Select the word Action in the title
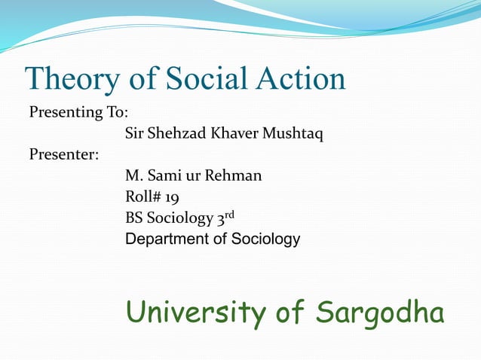301,78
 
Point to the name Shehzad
176,134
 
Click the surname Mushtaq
292,135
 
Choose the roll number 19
171,197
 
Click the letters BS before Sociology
134,218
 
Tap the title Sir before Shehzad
133,134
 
